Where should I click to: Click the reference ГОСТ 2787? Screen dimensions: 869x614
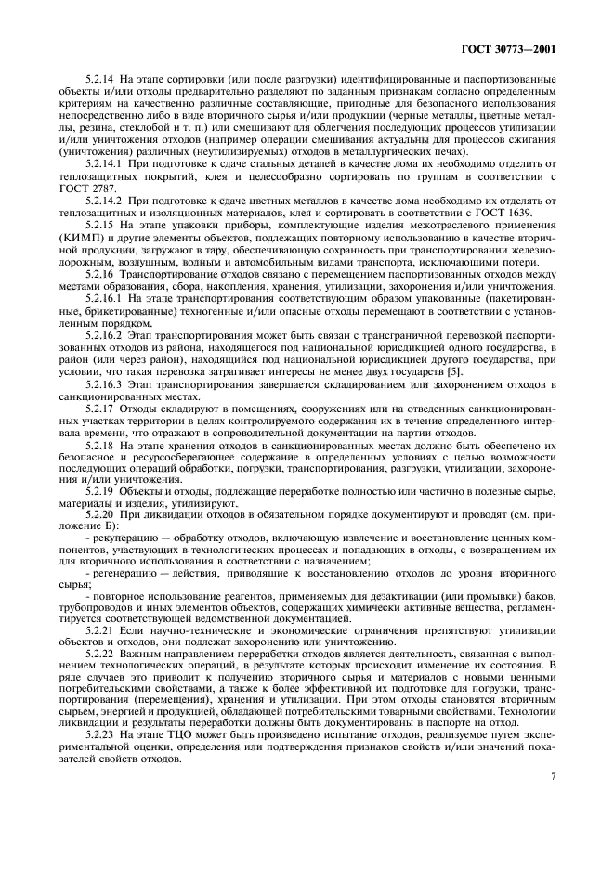tap(81, 188)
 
